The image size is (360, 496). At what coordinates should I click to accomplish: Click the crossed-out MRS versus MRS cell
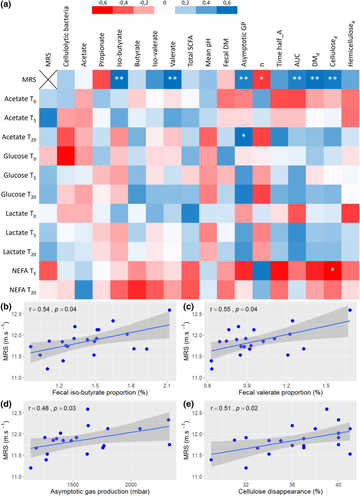[x=48, y=79]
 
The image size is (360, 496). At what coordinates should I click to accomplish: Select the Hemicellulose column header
[x=351, y=44]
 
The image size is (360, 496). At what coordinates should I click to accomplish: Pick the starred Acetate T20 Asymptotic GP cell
[x=244, y=137]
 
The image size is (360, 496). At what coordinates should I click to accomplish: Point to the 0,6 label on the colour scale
[x=226, y=3]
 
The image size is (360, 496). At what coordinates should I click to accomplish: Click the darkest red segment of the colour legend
[x=102, y=10]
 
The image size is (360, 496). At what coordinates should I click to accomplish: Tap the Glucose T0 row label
[x=20, y=156]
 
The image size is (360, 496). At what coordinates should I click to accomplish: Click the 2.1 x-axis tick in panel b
[x=167, y=386]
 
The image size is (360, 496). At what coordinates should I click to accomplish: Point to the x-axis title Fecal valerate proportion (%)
[x=281, y=392]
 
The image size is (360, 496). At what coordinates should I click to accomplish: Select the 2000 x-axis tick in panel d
[x=130, y=485]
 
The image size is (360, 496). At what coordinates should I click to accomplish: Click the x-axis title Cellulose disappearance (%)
[x=280, y=491]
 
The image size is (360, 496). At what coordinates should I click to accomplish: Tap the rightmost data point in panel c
[x=350, y=310]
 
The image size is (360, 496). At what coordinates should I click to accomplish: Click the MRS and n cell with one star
[x=261, y=79]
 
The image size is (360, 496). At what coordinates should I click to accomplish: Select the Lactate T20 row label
[x=20, y=252]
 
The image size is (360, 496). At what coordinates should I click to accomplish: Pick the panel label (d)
[x=6, y=406]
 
